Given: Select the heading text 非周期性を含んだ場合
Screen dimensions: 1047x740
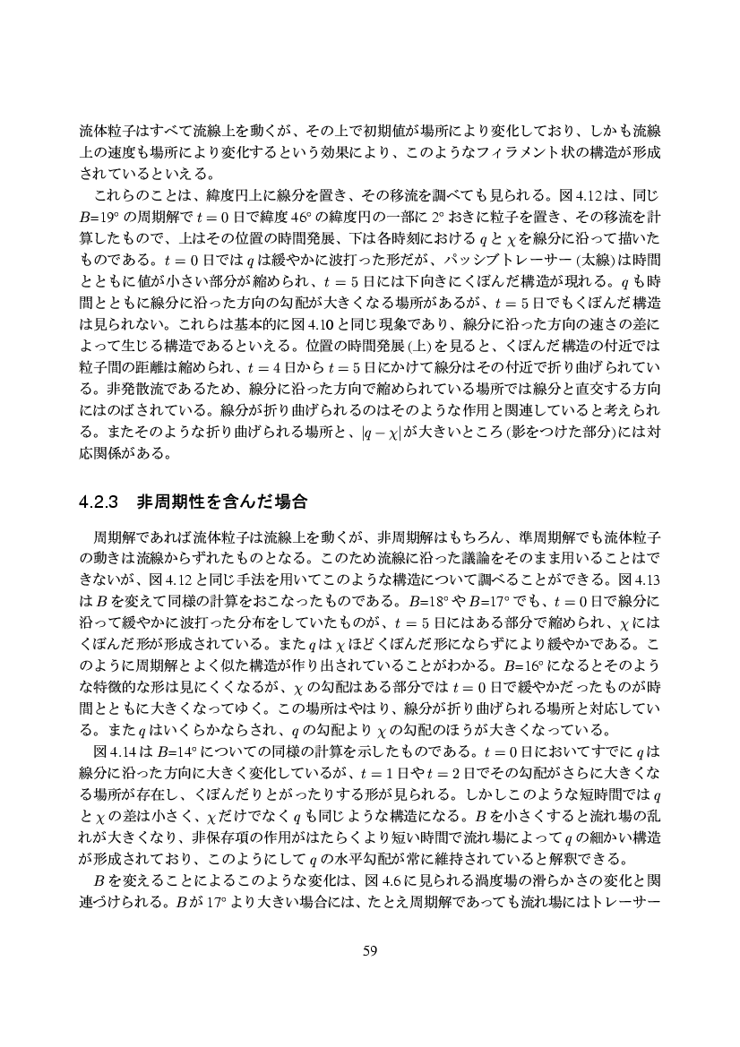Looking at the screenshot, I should [222, 502].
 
